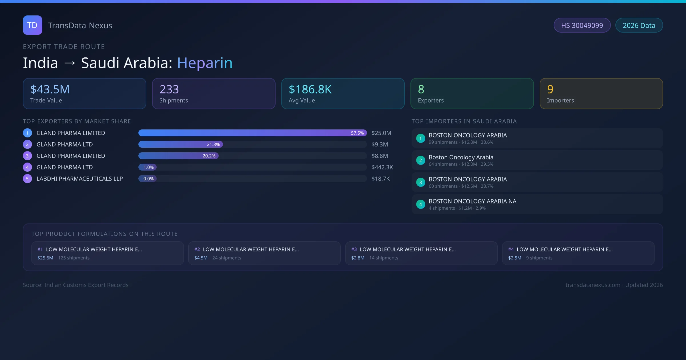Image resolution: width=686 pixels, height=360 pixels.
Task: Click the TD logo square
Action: [x=32, y=25]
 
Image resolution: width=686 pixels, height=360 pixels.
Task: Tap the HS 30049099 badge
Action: [x=582, y=25]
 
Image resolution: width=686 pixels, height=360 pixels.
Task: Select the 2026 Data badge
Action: [x=639, y=25]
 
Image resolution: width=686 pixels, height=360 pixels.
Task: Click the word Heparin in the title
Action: [x=205, y=63]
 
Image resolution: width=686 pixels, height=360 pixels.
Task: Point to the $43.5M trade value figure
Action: [x=50, y=89]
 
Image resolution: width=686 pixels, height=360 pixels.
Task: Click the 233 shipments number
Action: [x=169, y=89]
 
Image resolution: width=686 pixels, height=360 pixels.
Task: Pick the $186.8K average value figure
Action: [x=310, y=89]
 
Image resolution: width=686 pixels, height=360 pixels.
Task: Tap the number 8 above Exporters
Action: [x=421, y=89]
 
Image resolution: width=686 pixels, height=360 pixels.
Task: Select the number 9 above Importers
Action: [x=550, y=89]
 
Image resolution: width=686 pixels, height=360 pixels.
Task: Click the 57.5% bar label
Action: [x=357, y=133]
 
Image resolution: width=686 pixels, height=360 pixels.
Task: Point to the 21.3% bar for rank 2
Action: [x=181, y=145]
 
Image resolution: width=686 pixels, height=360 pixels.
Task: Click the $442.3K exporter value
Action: [x=382, y=167]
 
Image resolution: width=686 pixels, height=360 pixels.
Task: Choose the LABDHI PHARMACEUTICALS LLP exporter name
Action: [x=79, y=179]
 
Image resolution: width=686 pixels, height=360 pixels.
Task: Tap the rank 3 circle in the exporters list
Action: [x=27, y=156]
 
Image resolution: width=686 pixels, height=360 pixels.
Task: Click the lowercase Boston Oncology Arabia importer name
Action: [x=461, y=157]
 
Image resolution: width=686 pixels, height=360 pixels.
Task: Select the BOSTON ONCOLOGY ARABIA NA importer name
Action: [x=472, y=201]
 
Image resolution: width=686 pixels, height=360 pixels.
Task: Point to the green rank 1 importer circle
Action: [x=420, y=138]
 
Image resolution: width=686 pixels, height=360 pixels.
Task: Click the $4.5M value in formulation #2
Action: [x=201, y=258]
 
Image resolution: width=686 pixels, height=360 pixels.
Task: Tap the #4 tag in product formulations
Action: [x=511, y=249]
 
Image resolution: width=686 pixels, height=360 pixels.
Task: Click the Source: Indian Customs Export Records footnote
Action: [x=76, y=285]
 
